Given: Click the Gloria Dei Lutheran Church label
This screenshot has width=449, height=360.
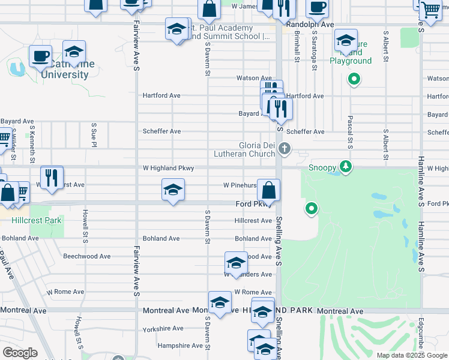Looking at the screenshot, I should [x=248, y=149].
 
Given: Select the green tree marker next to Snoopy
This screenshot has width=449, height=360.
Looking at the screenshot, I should [x=345, y=166].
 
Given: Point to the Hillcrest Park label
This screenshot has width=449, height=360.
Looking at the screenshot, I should [x=37, y=220].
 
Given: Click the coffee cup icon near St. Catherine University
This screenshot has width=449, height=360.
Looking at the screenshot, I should [x=40, y=56].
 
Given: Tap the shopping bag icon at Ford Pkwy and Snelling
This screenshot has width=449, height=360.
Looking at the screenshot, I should [x=269, y=190].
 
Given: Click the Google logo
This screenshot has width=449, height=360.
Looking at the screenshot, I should [x=20, y=353].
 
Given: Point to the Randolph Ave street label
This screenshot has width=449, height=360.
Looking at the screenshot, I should [x=310, y=25].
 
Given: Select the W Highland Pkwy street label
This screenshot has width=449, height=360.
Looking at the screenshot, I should [x=168, y=169].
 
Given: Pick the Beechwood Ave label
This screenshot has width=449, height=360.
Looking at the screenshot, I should [x=87, y=256].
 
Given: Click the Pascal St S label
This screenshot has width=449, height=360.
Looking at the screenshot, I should [x=349, y=133].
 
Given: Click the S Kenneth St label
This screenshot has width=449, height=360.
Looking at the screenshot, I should [x=33, y=143].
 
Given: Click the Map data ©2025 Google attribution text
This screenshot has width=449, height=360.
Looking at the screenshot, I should [x=411, y=355].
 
